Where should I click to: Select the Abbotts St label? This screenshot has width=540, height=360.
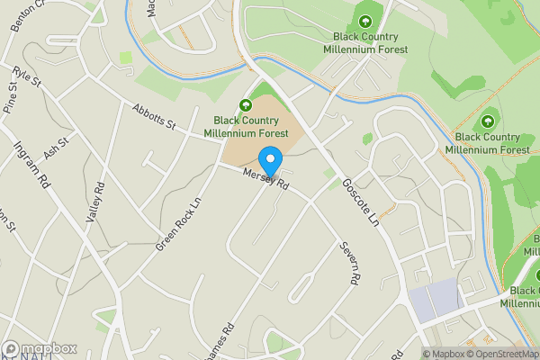coord(152,116)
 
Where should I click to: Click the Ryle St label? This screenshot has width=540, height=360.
coord(29,78)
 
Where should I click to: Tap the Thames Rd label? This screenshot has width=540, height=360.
coord(220,342)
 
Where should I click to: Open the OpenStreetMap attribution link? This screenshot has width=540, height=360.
coord(505,354)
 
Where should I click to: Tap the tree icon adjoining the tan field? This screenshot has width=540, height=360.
coord(245,105)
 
